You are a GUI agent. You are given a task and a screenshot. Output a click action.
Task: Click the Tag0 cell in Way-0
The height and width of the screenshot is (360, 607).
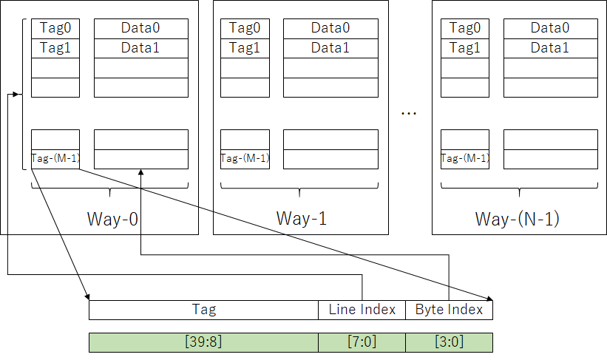click(x=55, y=29)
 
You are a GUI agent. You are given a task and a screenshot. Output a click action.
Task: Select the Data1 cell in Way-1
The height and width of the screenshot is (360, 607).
click(x=330, y=48)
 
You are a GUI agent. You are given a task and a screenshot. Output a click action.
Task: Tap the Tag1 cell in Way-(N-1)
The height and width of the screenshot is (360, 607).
click(x=465, y=48)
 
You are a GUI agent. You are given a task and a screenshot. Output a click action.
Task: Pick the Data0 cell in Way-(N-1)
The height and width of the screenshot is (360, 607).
click(x=551, y=29)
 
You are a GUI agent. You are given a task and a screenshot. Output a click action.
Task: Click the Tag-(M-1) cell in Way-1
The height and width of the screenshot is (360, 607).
click(x=245, y=159)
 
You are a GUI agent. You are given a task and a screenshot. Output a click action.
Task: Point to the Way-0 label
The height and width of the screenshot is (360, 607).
click(x=112, y=219)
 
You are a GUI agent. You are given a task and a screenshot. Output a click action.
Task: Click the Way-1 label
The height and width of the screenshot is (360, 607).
click(x=302, y=218)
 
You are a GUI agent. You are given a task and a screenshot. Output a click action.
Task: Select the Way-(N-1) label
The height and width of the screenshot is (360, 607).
click(x=518, y=219)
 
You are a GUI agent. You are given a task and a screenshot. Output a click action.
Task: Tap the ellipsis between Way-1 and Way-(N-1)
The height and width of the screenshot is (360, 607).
click(x=409, y=113)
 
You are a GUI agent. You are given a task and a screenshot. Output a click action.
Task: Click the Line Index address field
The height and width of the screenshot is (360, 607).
click(x=362, y=310)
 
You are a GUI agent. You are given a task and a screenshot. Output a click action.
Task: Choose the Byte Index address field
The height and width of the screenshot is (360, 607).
click(x=449, y=310)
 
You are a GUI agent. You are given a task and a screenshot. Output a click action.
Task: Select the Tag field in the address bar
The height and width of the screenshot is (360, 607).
click(x=203, y=310)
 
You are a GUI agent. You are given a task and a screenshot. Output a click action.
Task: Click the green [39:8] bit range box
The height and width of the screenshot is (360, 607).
click(x=203, y=342)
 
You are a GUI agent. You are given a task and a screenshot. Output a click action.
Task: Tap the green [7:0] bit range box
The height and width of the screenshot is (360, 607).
click(x=362, y=342)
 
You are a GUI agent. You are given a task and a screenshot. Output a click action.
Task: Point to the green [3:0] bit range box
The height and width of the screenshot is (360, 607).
click(x=449, y=342)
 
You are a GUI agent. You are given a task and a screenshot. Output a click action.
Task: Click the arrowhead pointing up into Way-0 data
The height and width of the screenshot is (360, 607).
click(x=141, y=172)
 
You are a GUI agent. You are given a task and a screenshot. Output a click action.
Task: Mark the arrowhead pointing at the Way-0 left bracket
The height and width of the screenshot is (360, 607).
click(x=16, y=94)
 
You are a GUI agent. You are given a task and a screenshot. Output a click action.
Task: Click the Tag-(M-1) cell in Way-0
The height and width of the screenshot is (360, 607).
click(x=55, y=159)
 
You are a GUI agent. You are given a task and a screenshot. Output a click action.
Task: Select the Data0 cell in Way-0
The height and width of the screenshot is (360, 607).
click(x=141, y=29)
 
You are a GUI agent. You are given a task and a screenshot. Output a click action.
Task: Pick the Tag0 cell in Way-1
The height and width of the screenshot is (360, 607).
click(x=245, y=29)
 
